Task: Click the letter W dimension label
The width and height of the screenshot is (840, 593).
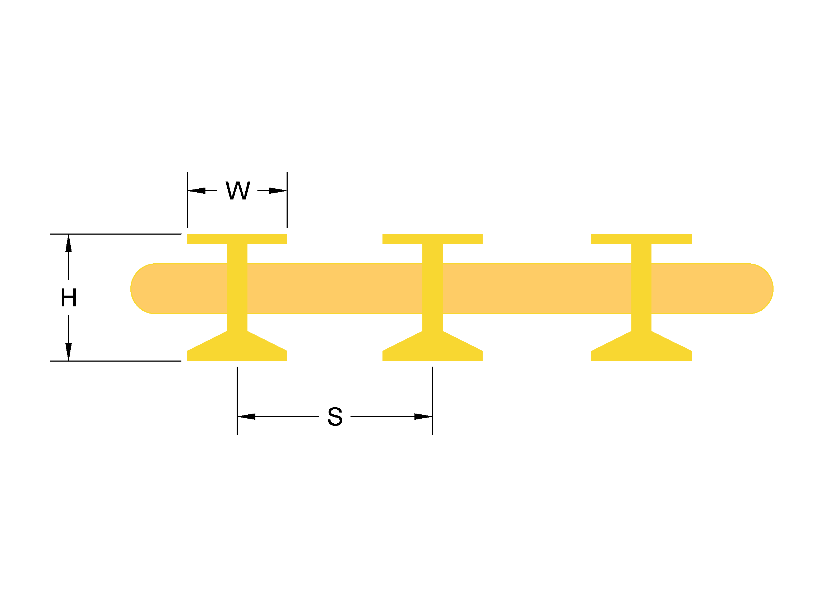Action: [238, 191]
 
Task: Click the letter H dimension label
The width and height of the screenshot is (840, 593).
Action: [69, 297]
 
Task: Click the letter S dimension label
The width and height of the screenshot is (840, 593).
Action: [335, 416]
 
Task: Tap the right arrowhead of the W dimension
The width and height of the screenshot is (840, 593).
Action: [278, 191]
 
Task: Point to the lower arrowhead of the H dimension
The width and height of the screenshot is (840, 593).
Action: [69, 352]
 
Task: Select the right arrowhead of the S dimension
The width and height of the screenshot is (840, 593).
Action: [423, 416]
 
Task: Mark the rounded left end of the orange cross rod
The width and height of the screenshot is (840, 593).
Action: [141, 289]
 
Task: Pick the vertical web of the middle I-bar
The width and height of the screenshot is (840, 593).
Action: [432, 289]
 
